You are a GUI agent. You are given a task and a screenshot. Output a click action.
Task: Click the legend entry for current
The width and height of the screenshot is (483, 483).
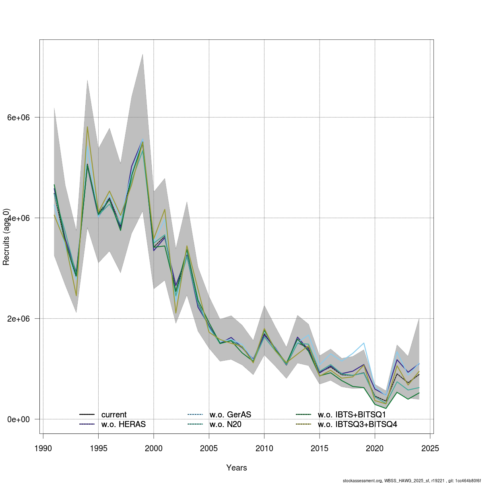[x=114, y=415]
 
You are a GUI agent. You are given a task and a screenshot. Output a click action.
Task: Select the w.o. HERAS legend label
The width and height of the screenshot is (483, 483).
[x=123, y=424]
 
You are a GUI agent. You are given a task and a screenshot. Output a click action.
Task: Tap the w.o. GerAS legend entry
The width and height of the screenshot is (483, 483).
[x=230, y=415]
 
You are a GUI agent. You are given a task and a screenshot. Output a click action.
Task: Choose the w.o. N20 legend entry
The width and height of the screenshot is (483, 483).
[x=225, y=424]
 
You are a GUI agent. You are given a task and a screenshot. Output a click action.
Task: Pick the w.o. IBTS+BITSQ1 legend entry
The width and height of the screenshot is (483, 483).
[x=352, y=415]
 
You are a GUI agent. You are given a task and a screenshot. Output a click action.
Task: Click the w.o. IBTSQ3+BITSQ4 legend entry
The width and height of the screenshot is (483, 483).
[x=357, y=424]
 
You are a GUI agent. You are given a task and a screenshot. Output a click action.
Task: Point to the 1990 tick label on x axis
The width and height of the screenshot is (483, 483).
[x=43, y=448]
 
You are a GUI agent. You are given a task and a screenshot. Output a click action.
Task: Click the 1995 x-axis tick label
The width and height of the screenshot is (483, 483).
[x=98, y=448]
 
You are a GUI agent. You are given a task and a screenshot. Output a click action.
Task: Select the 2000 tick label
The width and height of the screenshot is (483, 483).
[x=154, y=448]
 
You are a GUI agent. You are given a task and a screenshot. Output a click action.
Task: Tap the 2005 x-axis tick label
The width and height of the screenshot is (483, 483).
[x=209, y=448]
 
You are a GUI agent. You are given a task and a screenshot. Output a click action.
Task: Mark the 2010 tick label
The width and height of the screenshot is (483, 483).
[x=264, y=448]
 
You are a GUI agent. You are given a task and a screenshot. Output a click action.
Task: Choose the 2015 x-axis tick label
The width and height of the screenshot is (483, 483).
[x=320, y=448]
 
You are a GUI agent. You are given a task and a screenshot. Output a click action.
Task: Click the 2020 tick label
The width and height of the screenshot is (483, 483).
[x=375, y=448]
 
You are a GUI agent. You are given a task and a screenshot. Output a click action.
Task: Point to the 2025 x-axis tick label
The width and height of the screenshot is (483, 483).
[x=430, y=448]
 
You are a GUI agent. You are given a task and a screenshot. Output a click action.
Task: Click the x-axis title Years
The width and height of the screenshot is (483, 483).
[x=237, y=468]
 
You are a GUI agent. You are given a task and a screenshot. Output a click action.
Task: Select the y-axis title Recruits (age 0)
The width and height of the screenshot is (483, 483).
[x=6, y=237]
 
